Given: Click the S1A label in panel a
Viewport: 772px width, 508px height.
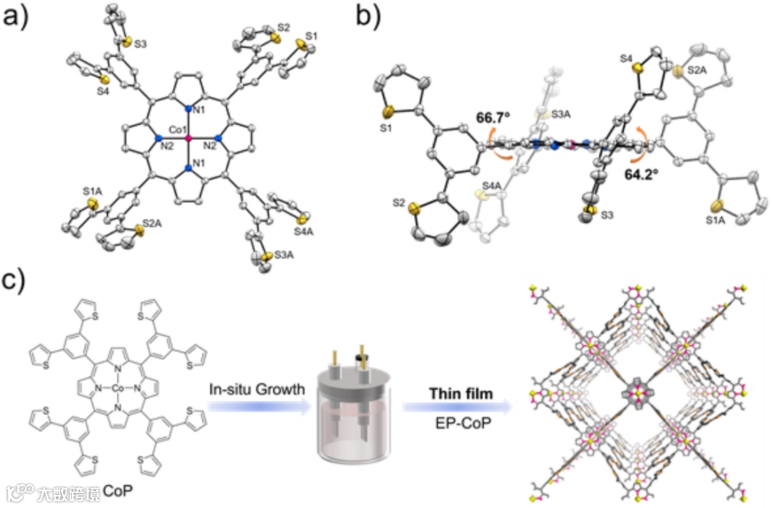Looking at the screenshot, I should [91, 191].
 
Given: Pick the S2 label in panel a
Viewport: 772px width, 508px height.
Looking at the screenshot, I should [283, 28].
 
